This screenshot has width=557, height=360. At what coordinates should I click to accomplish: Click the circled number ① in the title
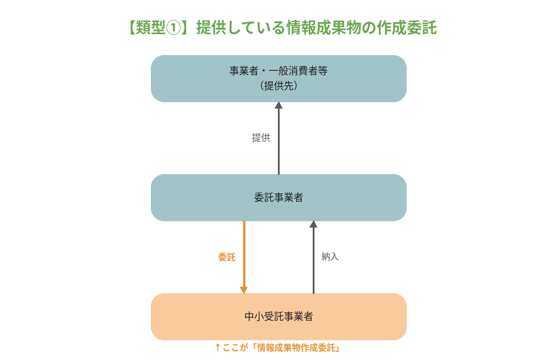(173, 28)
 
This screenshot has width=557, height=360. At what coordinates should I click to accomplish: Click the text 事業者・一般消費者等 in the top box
(278, 71)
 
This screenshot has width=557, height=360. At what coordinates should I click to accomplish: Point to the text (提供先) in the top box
(278, 86)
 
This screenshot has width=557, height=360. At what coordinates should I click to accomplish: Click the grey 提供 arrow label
(261, 138)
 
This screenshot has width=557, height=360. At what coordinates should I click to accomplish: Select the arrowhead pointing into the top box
(278, 105)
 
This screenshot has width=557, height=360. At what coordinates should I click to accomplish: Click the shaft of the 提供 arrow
(278, 142)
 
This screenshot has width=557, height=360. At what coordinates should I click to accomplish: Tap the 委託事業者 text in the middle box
(278, 197)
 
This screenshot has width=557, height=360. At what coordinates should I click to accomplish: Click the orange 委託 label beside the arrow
(227, 257)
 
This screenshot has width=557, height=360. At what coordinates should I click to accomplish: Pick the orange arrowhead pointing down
(244, 290)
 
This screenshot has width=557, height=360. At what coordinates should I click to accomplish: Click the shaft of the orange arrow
(244, 254)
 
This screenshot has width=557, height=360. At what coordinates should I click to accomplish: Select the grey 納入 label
(330, 257)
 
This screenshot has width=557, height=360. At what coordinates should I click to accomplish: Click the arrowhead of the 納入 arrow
(313, 224)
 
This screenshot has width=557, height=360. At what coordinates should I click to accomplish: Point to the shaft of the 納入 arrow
(313, 261)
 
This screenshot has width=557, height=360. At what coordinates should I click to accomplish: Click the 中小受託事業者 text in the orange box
(278, 316)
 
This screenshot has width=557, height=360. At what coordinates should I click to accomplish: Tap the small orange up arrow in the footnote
(218, 348)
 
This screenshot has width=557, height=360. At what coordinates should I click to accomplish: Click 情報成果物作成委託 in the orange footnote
(296, 348)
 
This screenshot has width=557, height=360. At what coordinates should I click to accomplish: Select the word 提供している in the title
(241, 28)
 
